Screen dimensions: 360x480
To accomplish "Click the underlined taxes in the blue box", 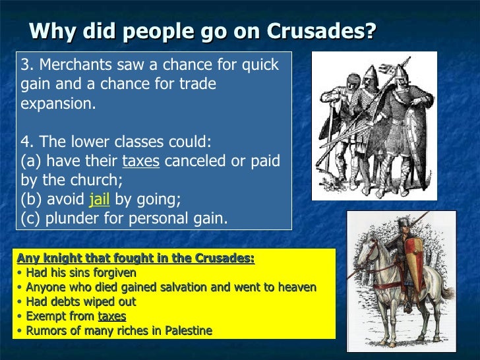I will click(x=140, y=162).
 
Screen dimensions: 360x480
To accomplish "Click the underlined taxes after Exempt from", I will click(x=111, y=316).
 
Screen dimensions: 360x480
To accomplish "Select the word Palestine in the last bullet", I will click(x=189, y=331).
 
